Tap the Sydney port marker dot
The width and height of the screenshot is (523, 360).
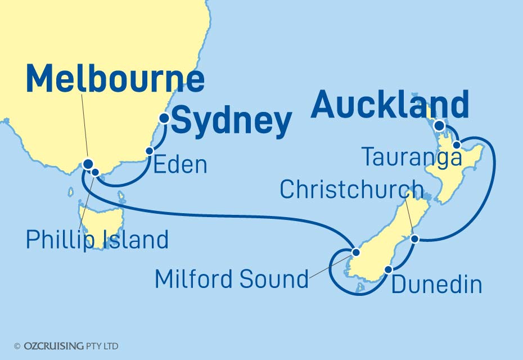(164, 118)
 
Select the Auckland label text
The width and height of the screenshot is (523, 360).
(389, 105)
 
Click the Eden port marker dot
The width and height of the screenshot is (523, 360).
(150, 151)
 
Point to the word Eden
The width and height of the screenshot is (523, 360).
(180, 165)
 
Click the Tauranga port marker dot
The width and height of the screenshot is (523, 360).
(458, 145)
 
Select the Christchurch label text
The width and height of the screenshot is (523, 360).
(351, 190)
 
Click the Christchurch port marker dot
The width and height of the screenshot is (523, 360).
(414, 239)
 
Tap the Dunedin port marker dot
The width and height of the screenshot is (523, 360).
(388, 269)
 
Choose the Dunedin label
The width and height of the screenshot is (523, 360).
(436, 285)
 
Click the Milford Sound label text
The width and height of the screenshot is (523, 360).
(232, 278)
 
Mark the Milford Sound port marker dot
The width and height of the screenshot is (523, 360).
(355, 252)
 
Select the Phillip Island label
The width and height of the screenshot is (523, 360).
(97, 240)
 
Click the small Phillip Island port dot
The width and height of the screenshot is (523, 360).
(96, 172)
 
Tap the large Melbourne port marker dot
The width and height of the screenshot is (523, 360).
(88, 164)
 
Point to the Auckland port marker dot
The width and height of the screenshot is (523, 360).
(439, 125)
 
